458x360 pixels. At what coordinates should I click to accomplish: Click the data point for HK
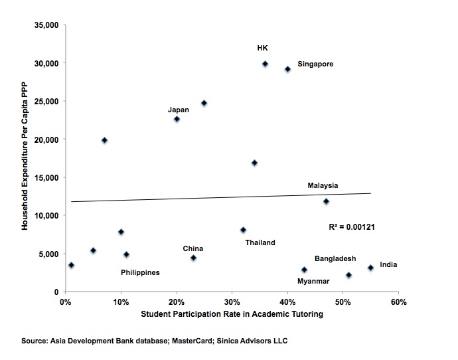click(x=265, y=64)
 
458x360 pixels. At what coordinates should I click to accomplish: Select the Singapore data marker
click(x=287, y=69)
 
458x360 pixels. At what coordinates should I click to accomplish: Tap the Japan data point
click(x=177, y=119)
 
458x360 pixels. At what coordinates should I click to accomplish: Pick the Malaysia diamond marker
click(x=326, y=201)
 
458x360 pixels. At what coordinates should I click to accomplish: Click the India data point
click(x=370, y=268)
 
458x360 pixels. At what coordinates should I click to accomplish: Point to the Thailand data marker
click(x=243, y=230)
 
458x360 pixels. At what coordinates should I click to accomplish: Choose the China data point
click(x=193, y=258)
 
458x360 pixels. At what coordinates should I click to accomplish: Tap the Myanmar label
click(x=313, y=281)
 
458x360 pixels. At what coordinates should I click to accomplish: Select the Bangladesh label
click(x=335, y=258)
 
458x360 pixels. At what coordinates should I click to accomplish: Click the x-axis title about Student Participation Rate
click(x=231, y=314)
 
